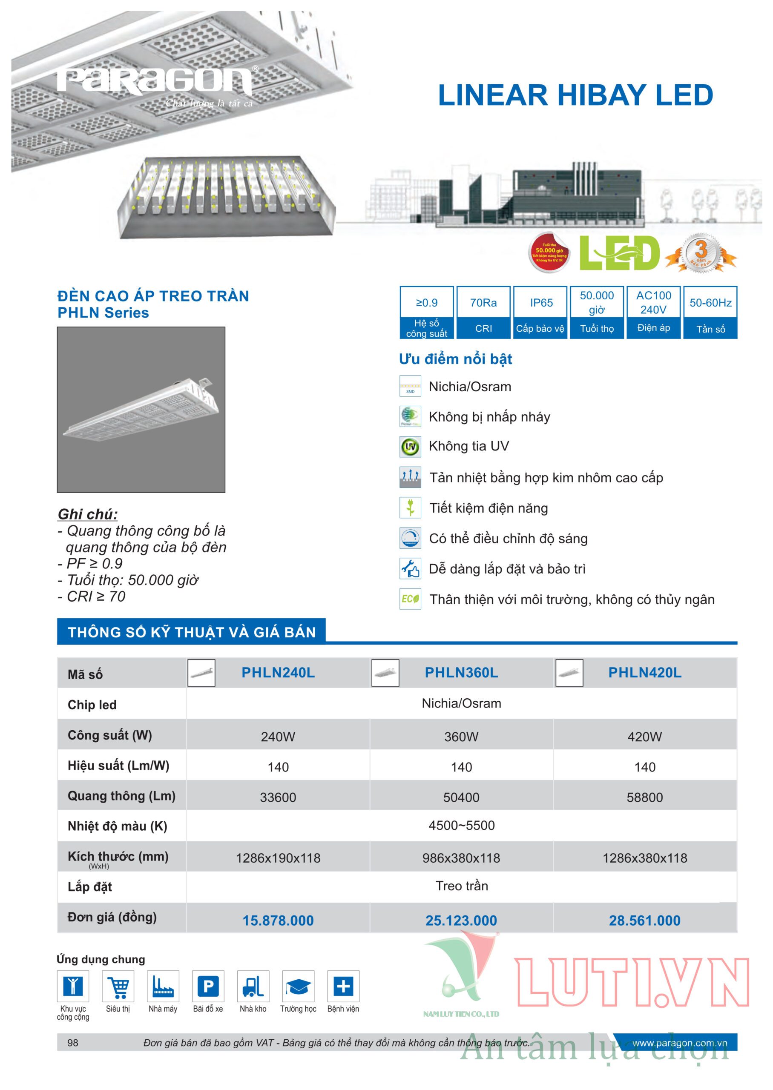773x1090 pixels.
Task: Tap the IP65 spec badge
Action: click(541, 312)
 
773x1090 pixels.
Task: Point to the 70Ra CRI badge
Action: click(483, 312)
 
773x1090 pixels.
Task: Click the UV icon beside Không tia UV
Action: click(410, 447)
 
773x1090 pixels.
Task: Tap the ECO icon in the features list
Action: click(410, 599)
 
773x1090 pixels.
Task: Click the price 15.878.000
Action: click(278, 921)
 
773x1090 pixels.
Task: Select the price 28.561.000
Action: click(644, 921)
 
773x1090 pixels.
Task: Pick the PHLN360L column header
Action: click(461, 673)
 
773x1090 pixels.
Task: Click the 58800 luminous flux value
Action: click(644, 797)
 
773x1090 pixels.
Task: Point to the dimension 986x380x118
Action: click(461, 858)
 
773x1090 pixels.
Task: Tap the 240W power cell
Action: click(278, 737)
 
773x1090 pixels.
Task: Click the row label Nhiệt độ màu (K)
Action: click(117, 826)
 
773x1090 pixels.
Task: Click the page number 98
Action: click(73, 1043)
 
